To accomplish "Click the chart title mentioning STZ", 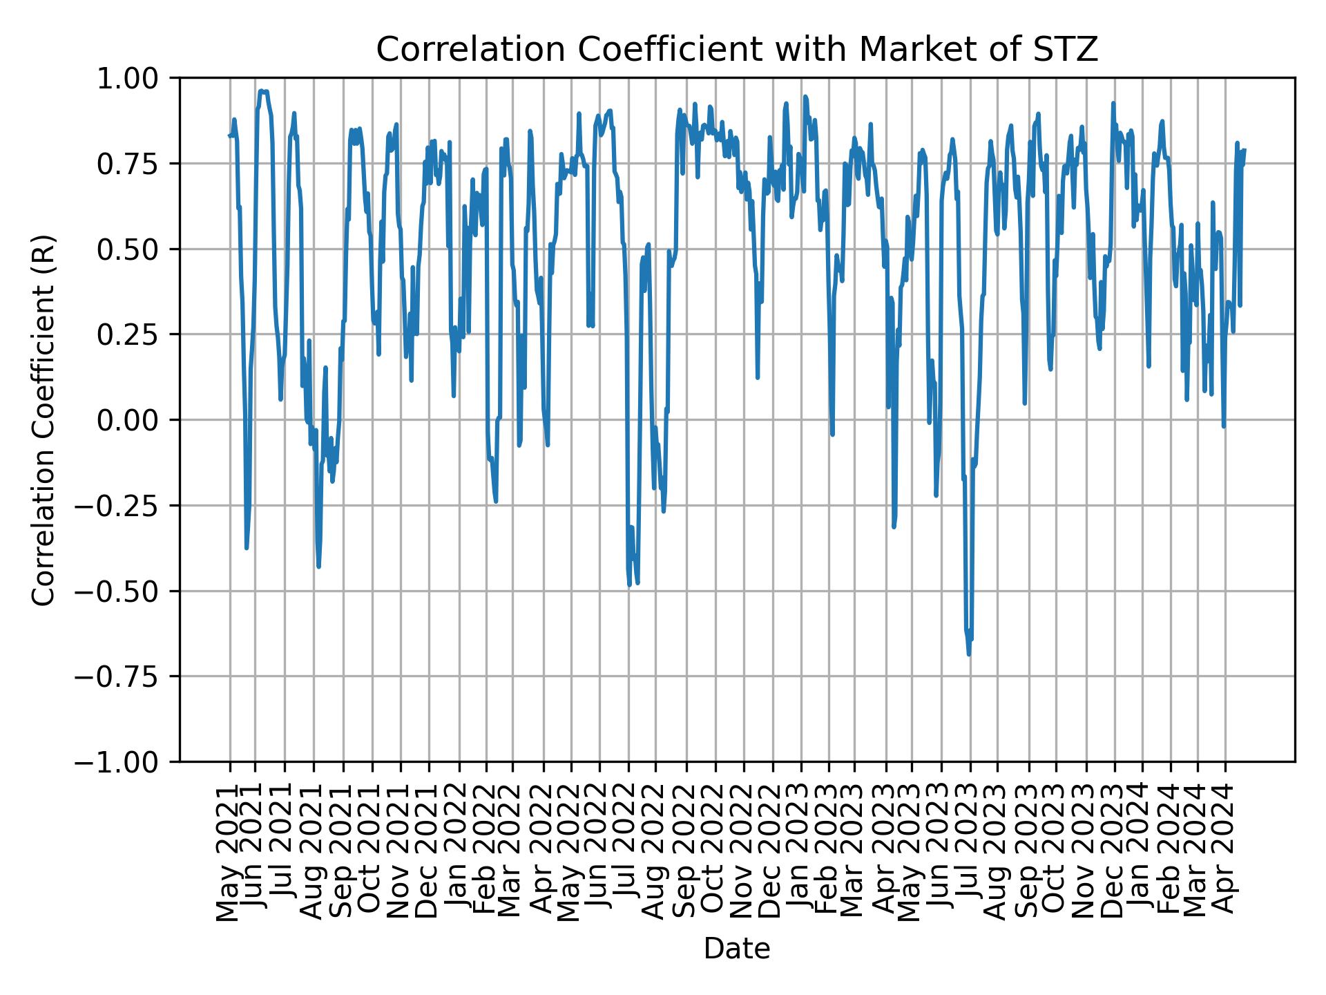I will (x=736, y=50).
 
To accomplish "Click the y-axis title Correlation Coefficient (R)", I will (x=44, y=419).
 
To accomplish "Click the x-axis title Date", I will (x=736, y=949).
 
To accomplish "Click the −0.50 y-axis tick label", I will (x=128, y=591).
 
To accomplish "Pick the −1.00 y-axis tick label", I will (x=128, y=761).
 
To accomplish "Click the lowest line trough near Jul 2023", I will (x=969, y=654).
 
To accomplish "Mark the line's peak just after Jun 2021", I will (x=261, y=91).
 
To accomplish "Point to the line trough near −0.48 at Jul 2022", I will (x=629, y=585).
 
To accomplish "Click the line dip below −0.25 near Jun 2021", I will (x=247, y=547).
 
